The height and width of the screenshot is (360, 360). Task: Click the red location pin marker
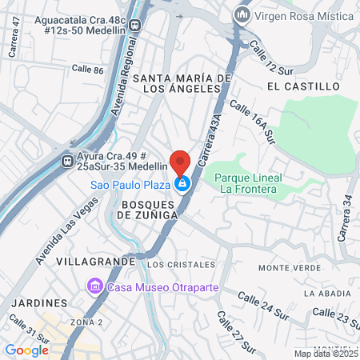pyautogui.click(x=181, y=162)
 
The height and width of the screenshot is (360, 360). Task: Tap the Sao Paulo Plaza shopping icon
pyautogui.click(x=183, y=184)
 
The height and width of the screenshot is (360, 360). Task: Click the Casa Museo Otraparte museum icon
pyautogui.click(x=94, y=286)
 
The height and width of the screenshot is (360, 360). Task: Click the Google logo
pyautogui.click(x=26, y=350)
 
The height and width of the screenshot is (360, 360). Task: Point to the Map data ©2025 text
pyautogui.click(x=326, y=354)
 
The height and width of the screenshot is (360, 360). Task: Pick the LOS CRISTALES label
pyautogui.click(x=182, y=264)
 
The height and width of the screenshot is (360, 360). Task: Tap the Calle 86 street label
pyautogui.click(x=87, y=70)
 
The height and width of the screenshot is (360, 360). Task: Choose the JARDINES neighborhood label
pyautogui.click(x=39, y=304)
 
